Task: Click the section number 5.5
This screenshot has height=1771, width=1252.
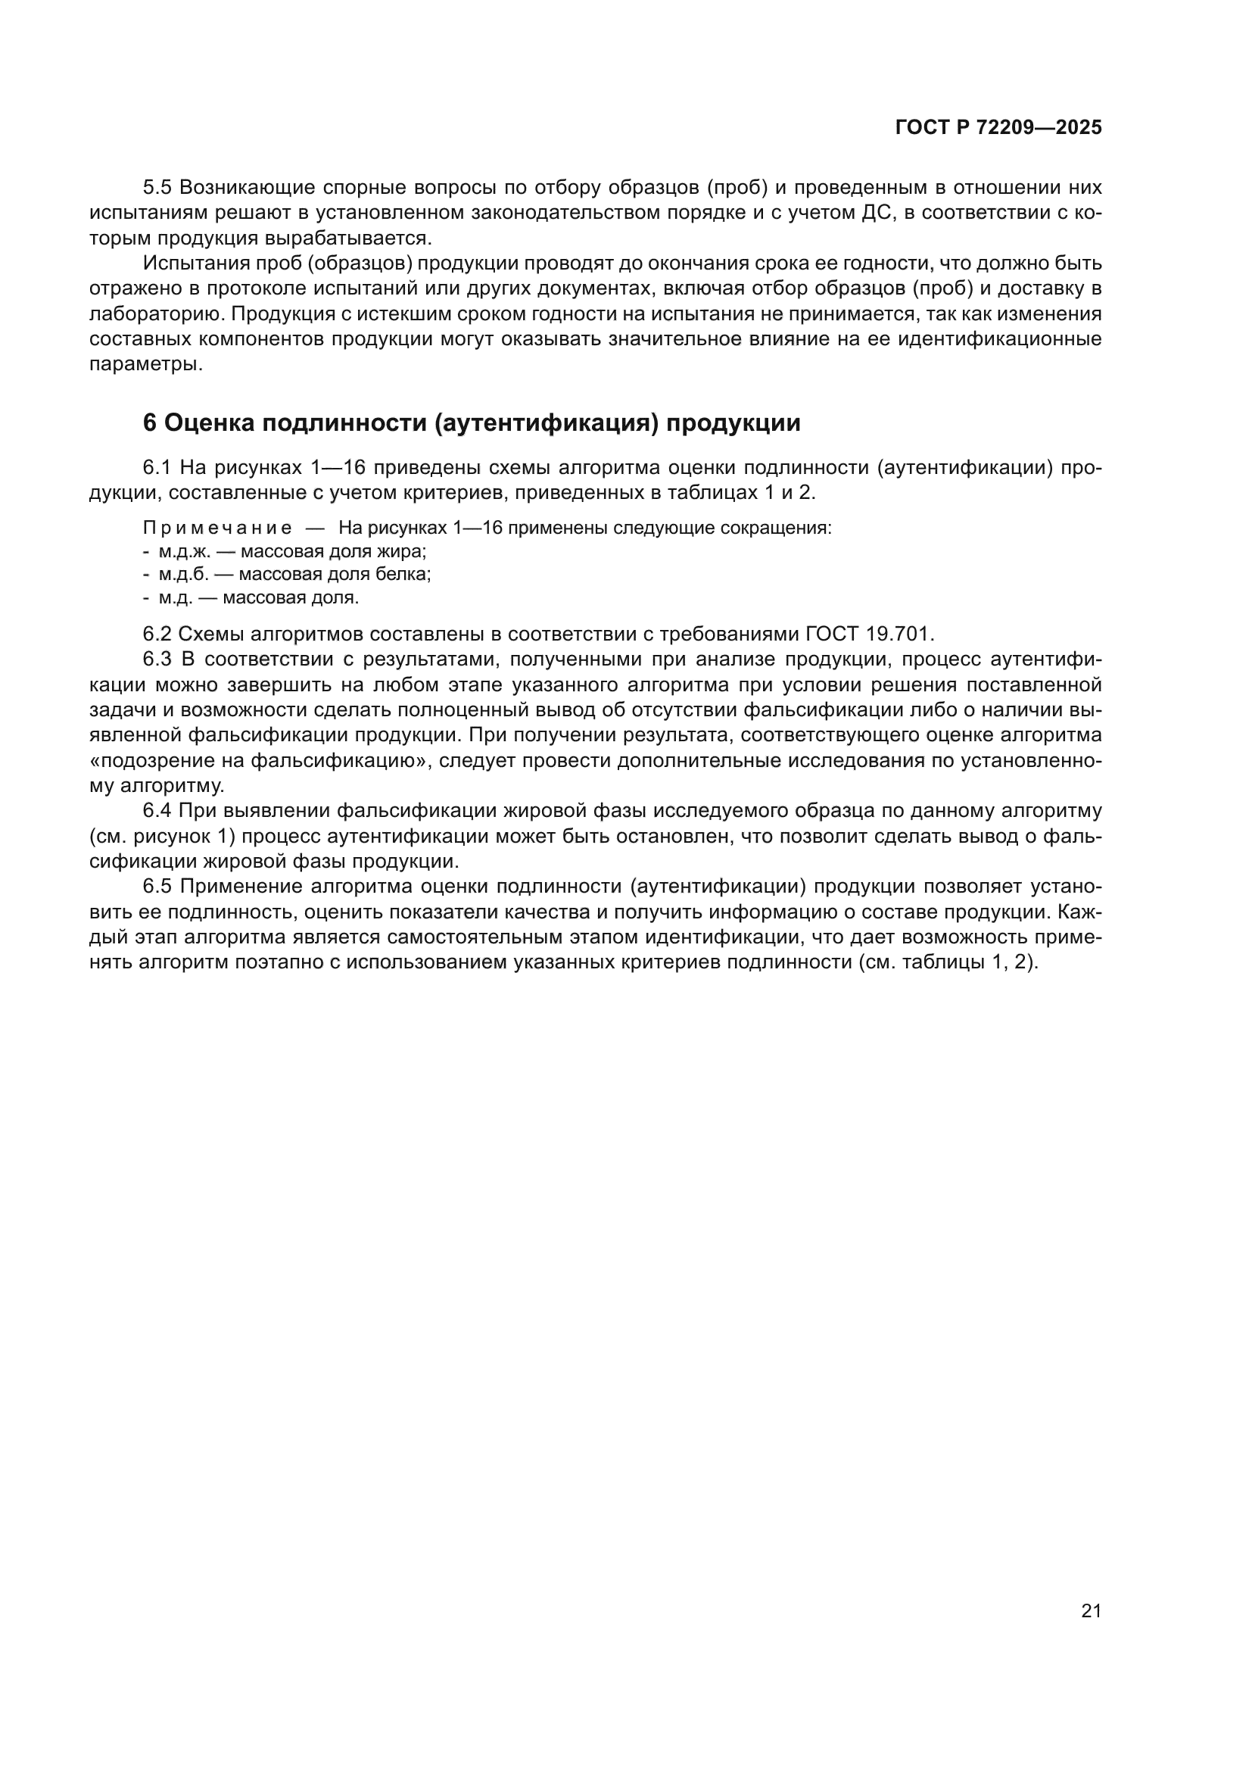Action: pyautogui.click(x=158, y=188)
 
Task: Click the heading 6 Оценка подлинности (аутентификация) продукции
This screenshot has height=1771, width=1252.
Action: pyautogui.click(x=471, y=422)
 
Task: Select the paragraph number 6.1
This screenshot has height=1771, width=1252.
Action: pyautogui.click(x=158, y=467)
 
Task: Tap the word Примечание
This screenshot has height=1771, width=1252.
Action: pyautogui.click(x=217, y=528)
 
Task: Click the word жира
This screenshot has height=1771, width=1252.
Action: pyautogui.click(x=404, y=551)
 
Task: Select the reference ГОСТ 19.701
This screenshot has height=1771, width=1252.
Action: pyautogui.click(x=869, y=634)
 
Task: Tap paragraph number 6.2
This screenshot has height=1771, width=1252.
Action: pyautogui.click(x=158, y=634)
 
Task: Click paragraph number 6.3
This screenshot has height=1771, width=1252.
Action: pyautogui.click(x=158, y=659)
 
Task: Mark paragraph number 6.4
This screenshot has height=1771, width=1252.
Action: pyautogui.click(x=158, y=811)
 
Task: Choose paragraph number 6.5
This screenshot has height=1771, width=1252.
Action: pyautogui.click(x=158, y=887)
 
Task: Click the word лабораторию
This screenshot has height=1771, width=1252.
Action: pyautogui.click(x=154, y=315)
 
